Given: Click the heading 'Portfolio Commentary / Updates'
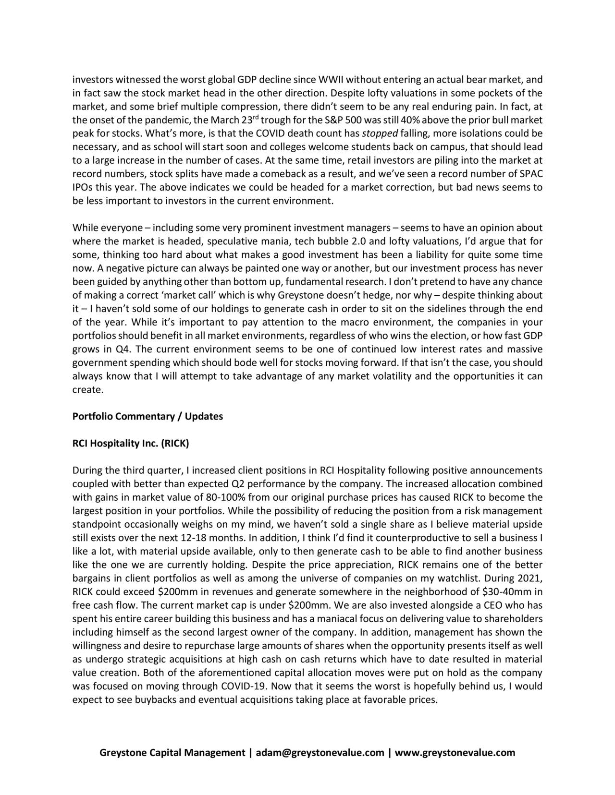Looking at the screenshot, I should coord(148,416).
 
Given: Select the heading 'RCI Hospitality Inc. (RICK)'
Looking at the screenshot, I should coord(131,443).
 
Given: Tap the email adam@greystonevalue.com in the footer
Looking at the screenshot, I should coord(320,752).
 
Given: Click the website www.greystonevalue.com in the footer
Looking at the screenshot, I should coord(455,752).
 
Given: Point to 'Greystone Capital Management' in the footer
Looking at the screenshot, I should coord(172,752).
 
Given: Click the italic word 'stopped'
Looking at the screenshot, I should coord(379,133).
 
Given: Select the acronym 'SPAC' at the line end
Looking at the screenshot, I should coord(532,173).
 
